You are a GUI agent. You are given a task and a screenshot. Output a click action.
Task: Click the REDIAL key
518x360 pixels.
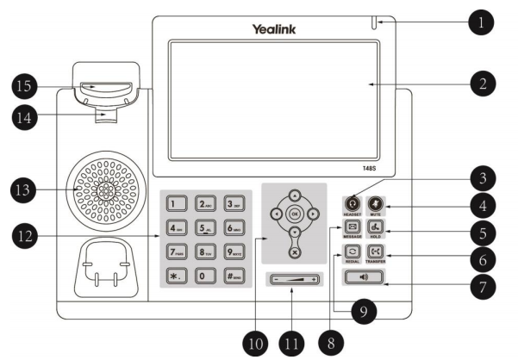352,253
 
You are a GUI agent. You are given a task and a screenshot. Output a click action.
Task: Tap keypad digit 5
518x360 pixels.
204,229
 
